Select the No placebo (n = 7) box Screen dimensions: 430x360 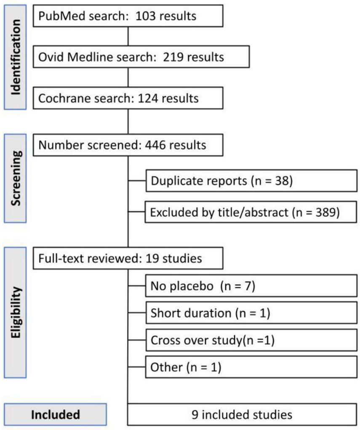coord(251,287)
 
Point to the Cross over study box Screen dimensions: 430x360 coord(251,340)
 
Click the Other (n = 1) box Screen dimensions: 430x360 coord(251,367)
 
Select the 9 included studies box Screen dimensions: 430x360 coord(242,414)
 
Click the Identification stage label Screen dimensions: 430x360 coord(16,56)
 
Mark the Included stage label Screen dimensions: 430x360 coord(56,414)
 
